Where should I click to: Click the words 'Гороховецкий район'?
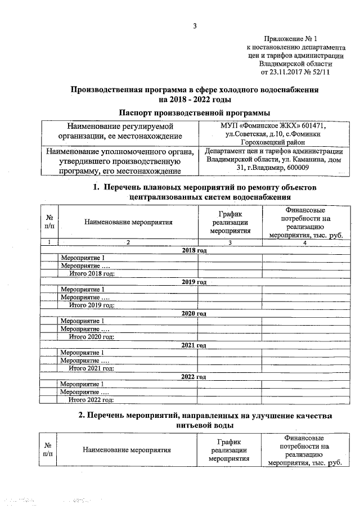point(271,143)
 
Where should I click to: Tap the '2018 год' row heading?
point(195,249)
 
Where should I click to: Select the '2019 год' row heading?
point(195,281)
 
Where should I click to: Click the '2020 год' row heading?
point(195,313)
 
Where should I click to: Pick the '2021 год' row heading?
point(195,345)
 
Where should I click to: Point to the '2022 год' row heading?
point(195,376)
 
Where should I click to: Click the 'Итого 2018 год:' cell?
point(92,273)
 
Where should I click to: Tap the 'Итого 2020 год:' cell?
point(92,337)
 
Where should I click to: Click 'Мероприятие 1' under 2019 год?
point(82,289)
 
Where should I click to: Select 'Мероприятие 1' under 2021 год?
point(82,353)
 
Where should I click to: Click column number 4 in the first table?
point(304,242)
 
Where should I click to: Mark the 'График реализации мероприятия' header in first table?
point(229,222)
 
